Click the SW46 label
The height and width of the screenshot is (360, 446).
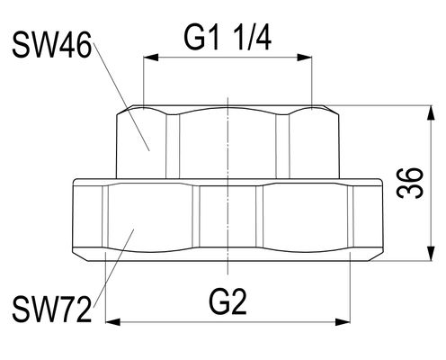[x=51, y=45]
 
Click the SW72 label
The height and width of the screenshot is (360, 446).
[x=51, y=310]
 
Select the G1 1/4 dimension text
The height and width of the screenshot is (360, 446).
[x=227, y=38]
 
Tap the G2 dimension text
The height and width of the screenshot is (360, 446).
[x=228, y=301]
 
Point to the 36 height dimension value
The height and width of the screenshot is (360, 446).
[x=410, y=183]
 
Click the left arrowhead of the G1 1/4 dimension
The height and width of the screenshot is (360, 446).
[x=151, y=58]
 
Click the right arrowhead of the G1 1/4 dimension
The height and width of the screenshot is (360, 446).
[x=305, y=58]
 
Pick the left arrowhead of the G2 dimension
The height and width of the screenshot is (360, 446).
[x=113, y=322]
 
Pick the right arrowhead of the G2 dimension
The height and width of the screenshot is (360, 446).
[x=343, y=322]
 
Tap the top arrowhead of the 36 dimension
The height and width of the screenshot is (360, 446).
[x=431, y=112]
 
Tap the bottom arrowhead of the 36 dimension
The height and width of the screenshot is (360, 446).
[x=431, y=254]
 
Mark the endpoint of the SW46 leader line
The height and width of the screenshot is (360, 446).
[x=149, y=150]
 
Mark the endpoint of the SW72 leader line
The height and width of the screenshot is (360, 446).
[x=134, y=229]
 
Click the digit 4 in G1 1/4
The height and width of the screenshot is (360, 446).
[x=263, y=38]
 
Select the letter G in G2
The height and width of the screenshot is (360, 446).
[x=219, y=301]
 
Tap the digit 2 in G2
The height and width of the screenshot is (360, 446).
[x=238, y=301]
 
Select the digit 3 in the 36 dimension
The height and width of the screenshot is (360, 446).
[x=410, y=191]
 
